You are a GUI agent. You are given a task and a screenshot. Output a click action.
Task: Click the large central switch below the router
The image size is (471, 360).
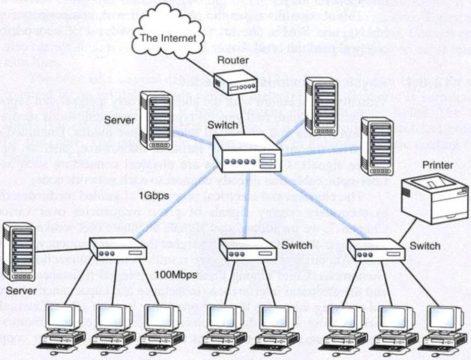(247, 158)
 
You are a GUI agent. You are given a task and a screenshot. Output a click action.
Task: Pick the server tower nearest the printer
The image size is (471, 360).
(376, 146)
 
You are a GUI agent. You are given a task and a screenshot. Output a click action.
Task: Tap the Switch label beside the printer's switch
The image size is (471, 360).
(426, 245)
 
